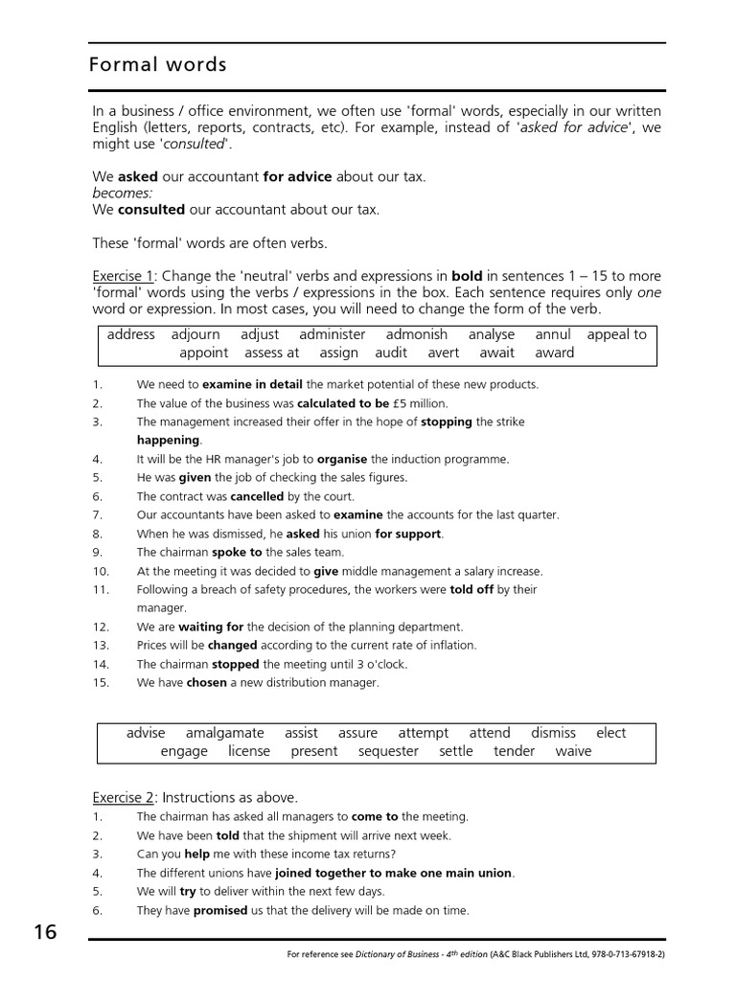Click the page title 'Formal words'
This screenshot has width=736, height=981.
click(157, 65)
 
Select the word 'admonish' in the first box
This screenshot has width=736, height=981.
click(416, 334)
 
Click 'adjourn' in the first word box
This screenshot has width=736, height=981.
click(195, 334)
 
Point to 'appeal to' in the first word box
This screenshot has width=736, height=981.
click(616, 334)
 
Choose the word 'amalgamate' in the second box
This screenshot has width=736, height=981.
click(224, 733)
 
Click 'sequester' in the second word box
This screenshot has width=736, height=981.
click(388, 751)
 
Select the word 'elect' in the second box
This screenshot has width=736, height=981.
click(610, 733)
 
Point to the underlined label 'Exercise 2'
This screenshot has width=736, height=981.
click(123, 797)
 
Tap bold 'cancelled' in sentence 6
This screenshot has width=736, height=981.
click(257, 496)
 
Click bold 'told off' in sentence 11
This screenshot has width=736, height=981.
click(471, 589)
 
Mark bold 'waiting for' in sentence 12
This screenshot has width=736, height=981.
click(211, 627)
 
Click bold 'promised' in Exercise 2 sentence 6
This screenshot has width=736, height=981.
click(220, 910)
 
